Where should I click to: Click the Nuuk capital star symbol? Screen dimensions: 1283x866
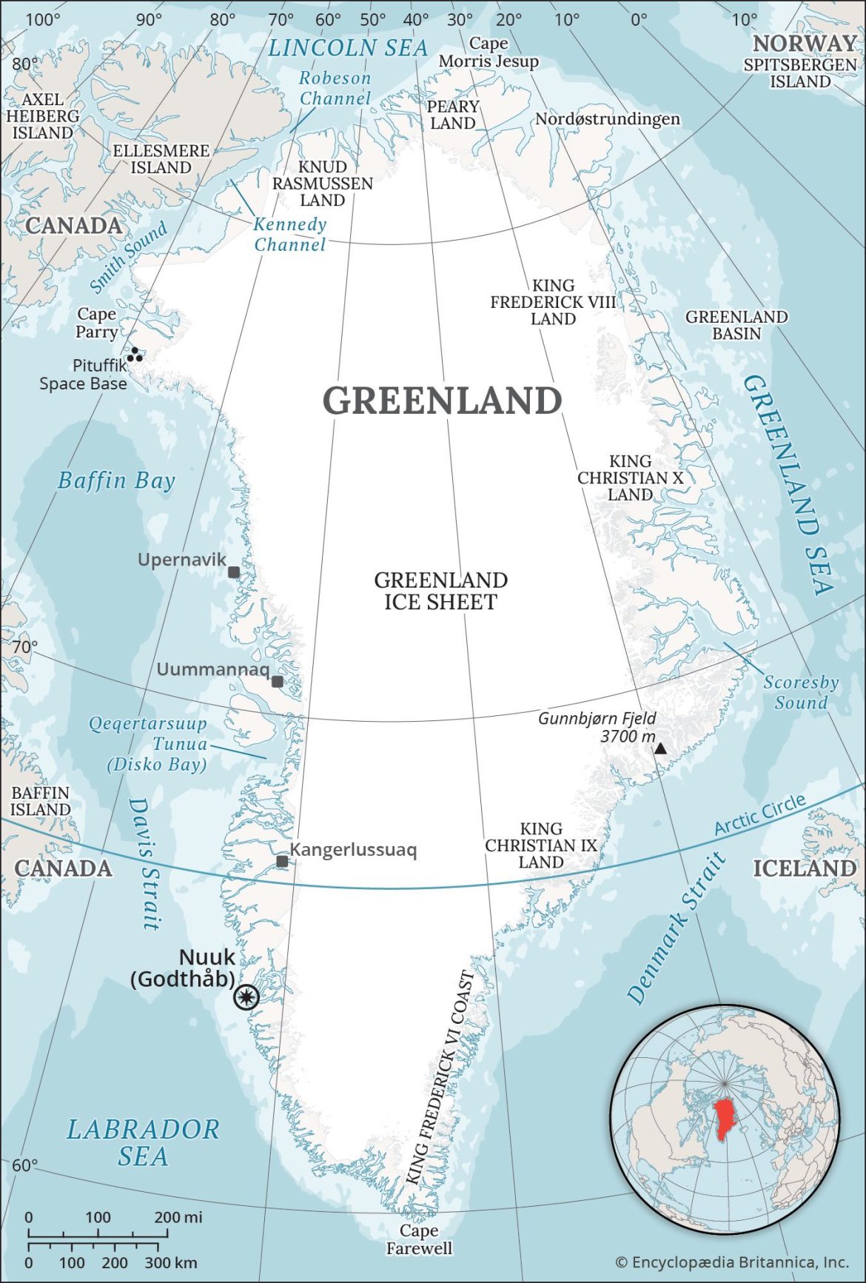[246, 997]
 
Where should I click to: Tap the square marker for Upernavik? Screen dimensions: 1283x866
[234, 572]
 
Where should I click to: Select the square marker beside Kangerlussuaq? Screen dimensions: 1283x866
[282, 861]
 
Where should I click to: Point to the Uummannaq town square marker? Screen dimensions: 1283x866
[278, 681]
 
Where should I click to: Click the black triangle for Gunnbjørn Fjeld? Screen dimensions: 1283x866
[660, 748]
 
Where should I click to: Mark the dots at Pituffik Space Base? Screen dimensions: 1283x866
[135, 355]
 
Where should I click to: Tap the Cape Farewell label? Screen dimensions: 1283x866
[419, 1239]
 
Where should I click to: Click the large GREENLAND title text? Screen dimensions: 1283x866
[442, 401]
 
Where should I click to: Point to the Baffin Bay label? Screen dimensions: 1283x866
[116, 480]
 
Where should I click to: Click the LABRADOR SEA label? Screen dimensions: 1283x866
[143, 1142]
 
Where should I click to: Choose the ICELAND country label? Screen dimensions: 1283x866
[804, 868]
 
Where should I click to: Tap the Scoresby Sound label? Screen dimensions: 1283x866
[801, 692]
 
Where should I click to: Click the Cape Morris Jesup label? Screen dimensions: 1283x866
[489, 53]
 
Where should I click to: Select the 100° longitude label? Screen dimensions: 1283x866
[43, 19]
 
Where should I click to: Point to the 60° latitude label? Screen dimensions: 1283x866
[24, 1165]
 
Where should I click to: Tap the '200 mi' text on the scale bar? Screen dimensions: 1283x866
[178, 1217]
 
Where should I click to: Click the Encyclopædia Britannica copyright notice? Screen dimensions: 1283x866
[731, 1262]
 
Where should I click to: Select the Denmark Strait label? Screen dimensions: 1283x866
[676, 929]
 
